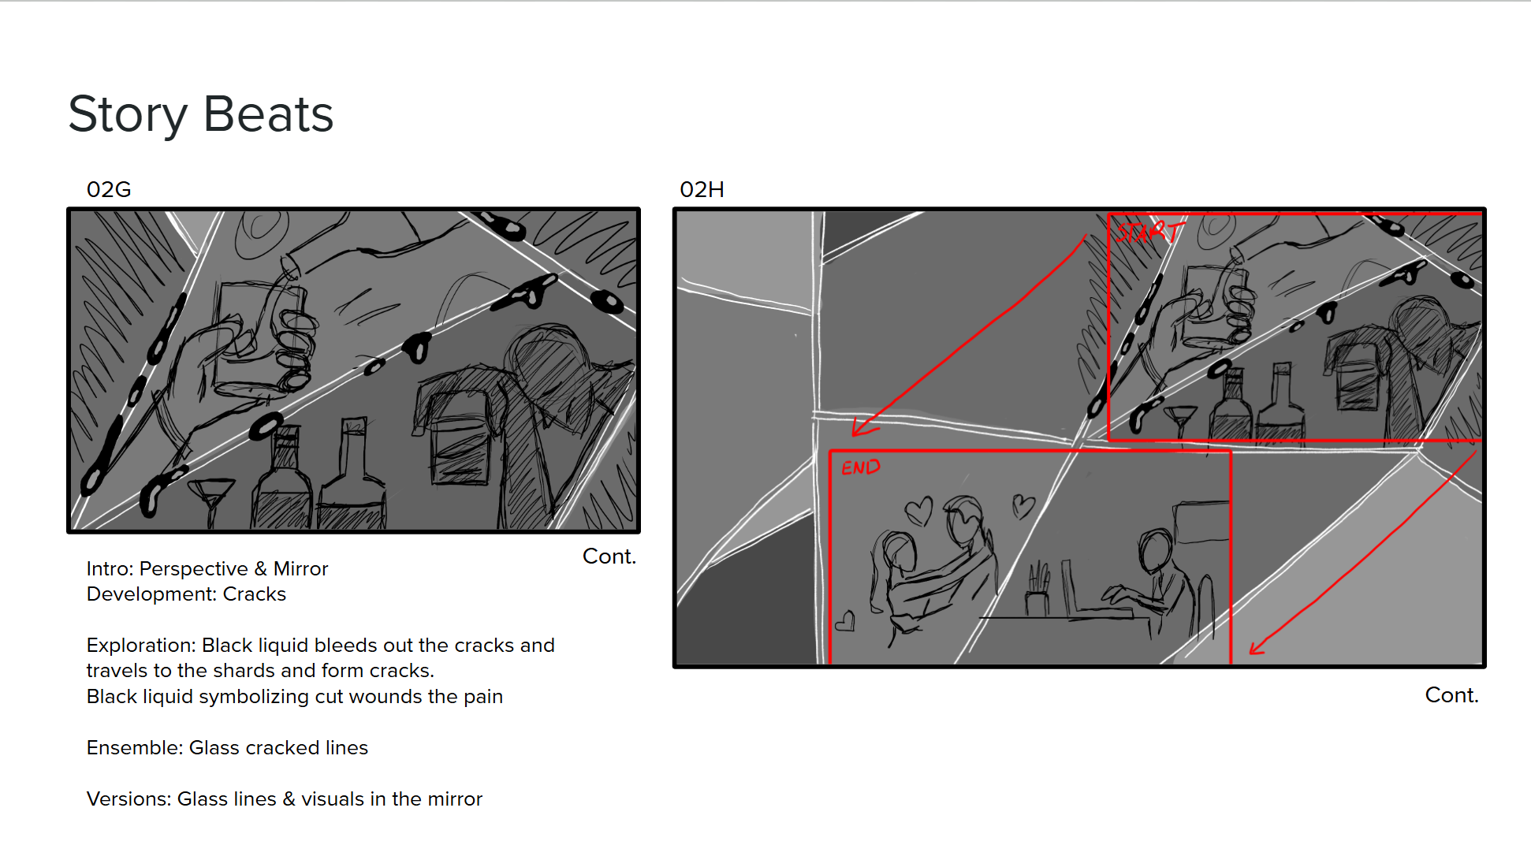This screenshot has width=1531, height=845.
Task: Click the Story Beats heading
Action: (x=200, y=114)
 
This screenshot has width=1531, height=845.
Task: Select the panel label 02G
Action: (x=109, y=190)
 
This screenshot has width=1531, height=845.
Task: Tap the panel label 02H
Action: (x=702, y=190)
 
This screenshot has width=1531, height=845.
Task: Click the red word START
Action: (x=1149, y=232)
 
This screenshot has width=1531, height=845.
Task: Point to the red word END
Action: (x=860, y=467)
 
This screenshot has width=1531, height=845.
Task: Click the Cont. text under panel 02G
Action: (x=609, y=557)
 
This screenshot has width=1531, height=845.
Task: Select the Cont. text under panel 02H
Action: (x=1451, y=695)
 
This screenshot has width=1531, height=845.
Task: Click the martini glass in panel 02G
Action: (x=211, y=497)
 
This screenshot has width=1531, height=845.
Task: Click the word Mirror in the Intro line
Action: (x=300, y=569)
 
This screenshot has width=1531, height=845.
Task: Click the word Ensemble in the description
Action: (x=132, y=748)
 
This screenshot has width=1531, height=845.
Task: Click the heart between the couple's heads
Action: (x=919, y=509)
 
